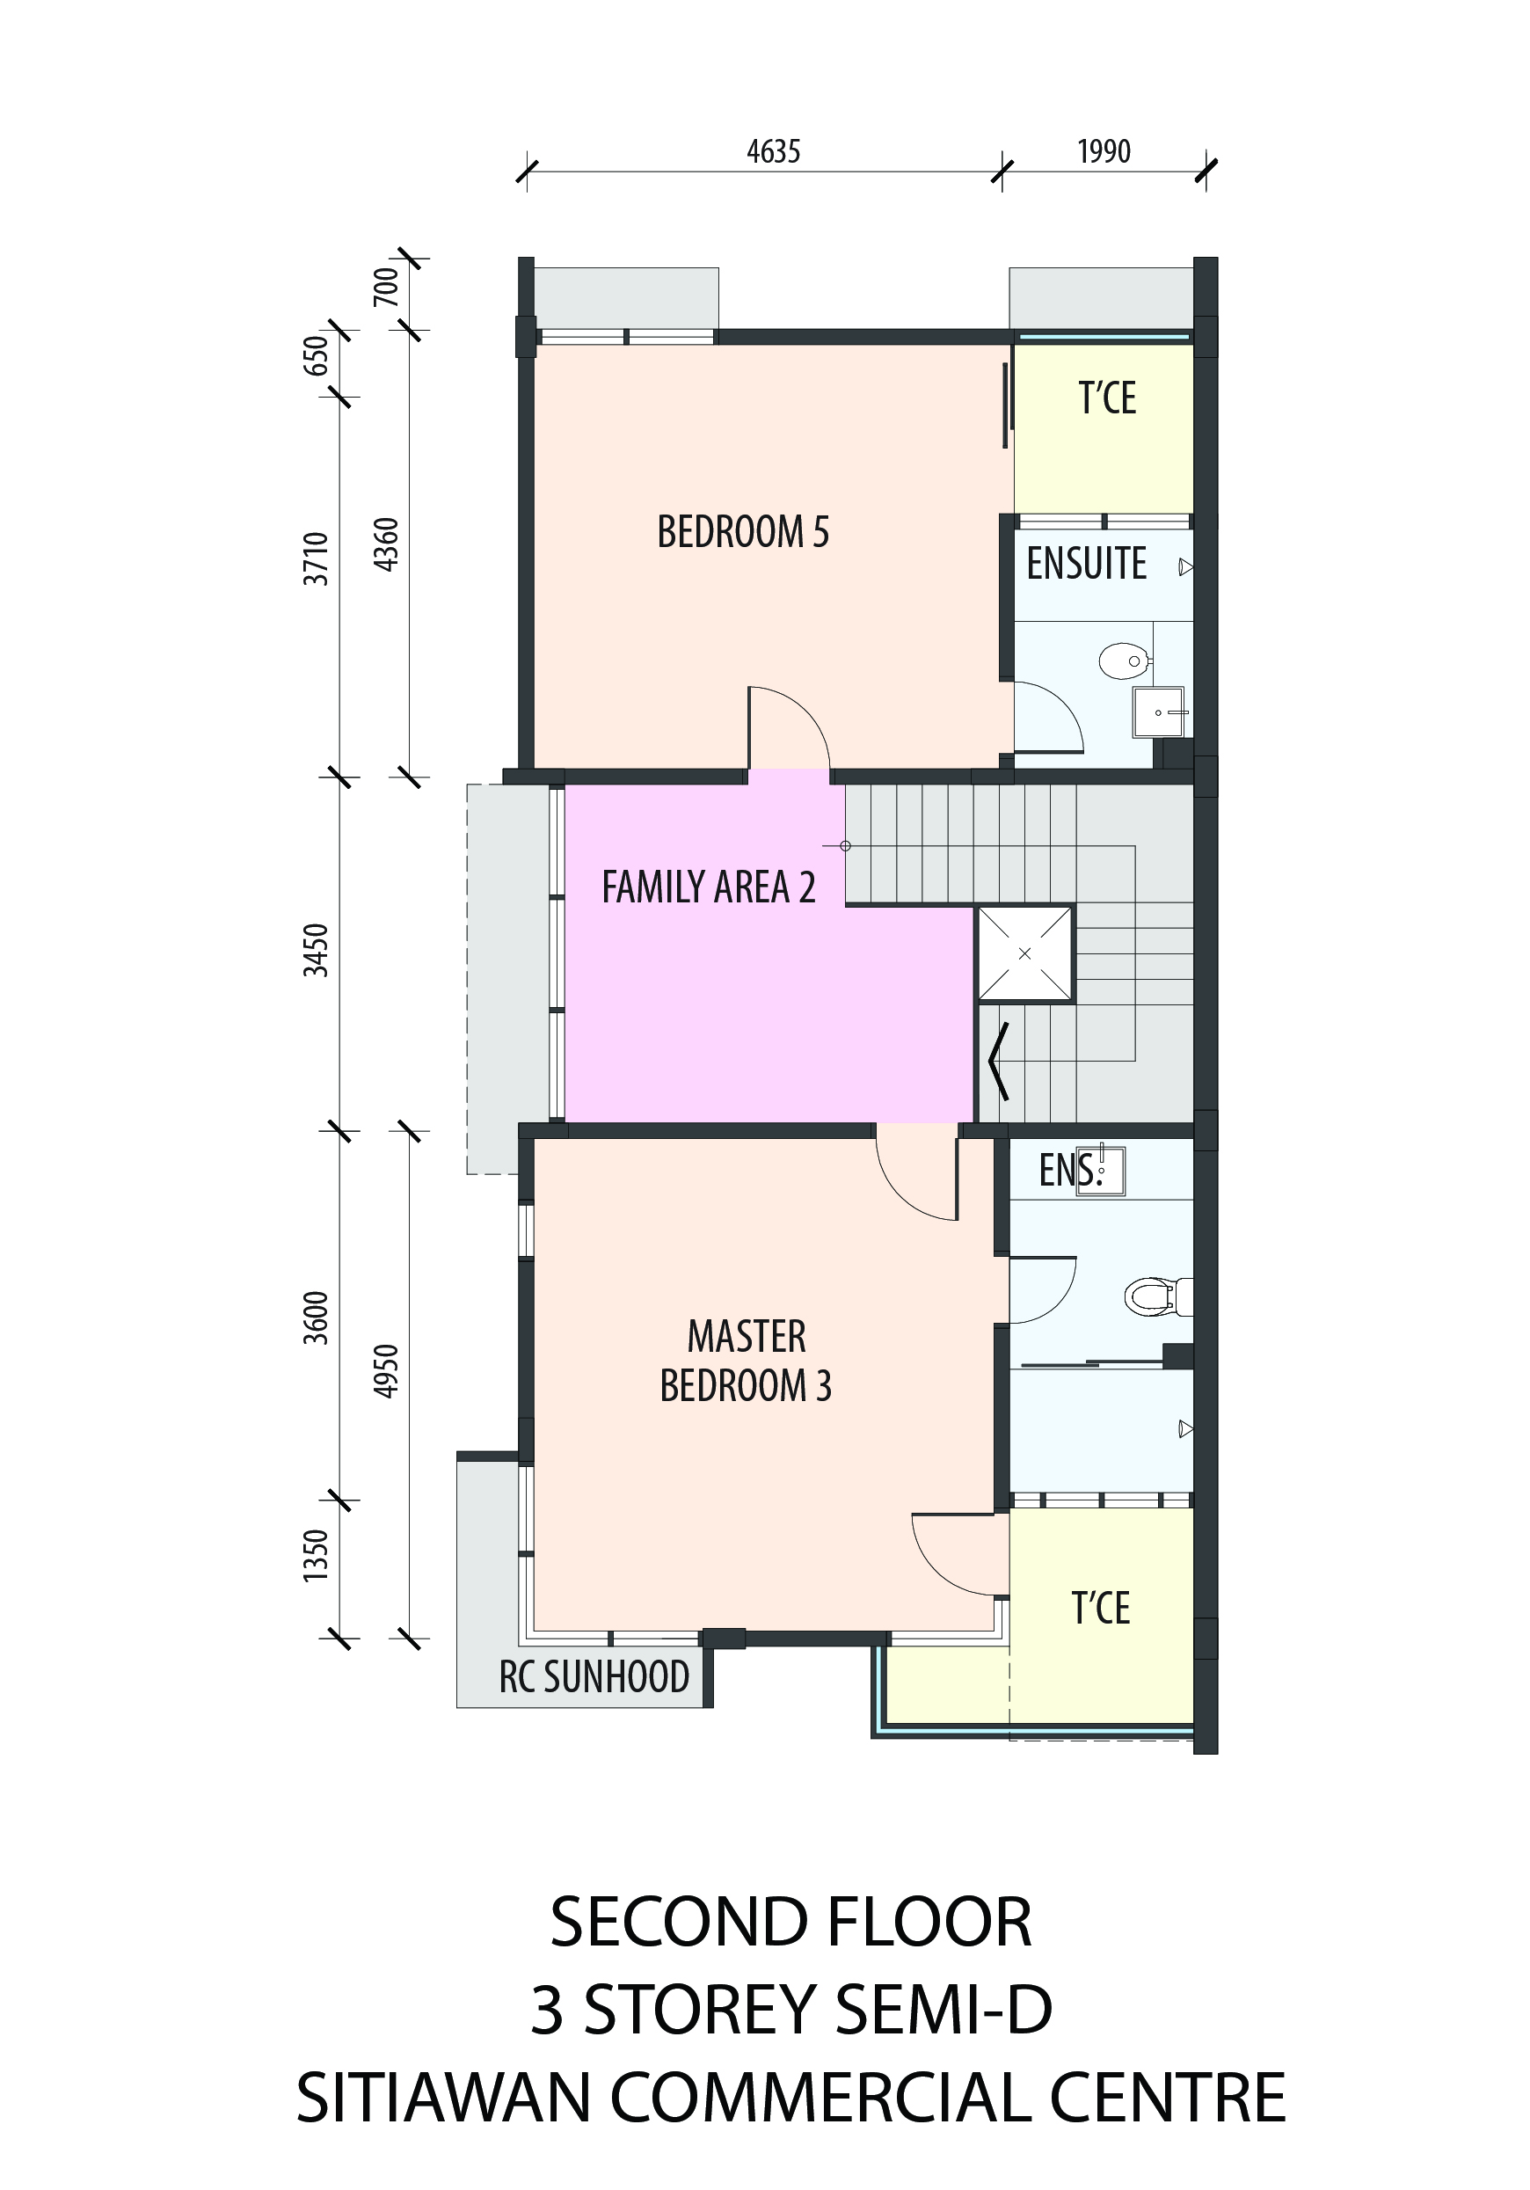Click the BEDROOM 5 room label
[743, 532]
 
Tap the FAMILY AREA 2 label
[709, 887]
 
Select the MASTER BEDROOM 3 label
[746, 1361]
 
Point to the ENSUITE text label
[1087, 564]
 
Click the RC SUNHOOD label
[594, 1677]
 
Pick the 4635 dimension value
[774, 151]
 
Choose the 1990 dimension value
[1104, 151]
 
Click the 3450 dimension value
[316, 950]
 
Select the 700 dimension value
[385, 287]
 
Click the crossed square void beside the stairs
[1024, 953]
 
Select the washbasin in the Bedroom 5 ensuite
[1159, 712]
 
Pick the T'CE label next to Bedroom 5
[1106, 398]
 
